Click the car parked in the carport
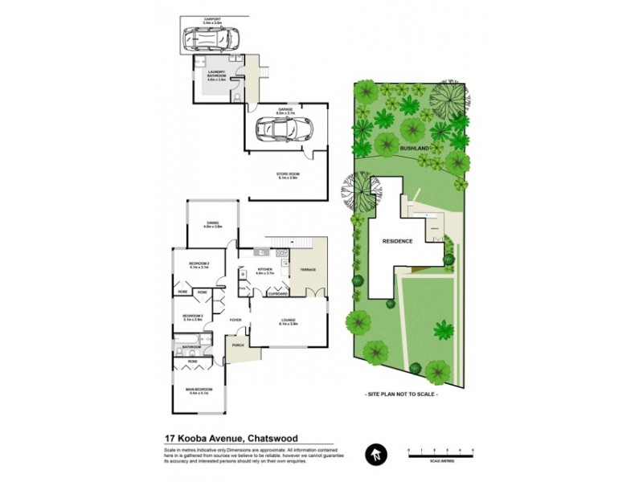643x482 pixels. click(211, 39)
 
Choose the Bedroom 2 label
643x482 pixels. click(199, 264)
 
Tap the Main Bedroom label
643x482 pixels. click(197, 390)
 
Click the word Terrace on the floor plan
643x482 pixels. click(308, 270)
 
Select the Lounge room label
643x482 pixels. click(288, 321)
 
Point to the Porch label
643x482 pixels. click(238, 345)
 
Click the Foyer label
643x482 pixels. click(235, 320)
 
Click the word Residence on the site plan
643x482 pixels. click(397, 241)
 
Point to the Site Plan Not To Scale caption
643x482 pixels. click(402, 395)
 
